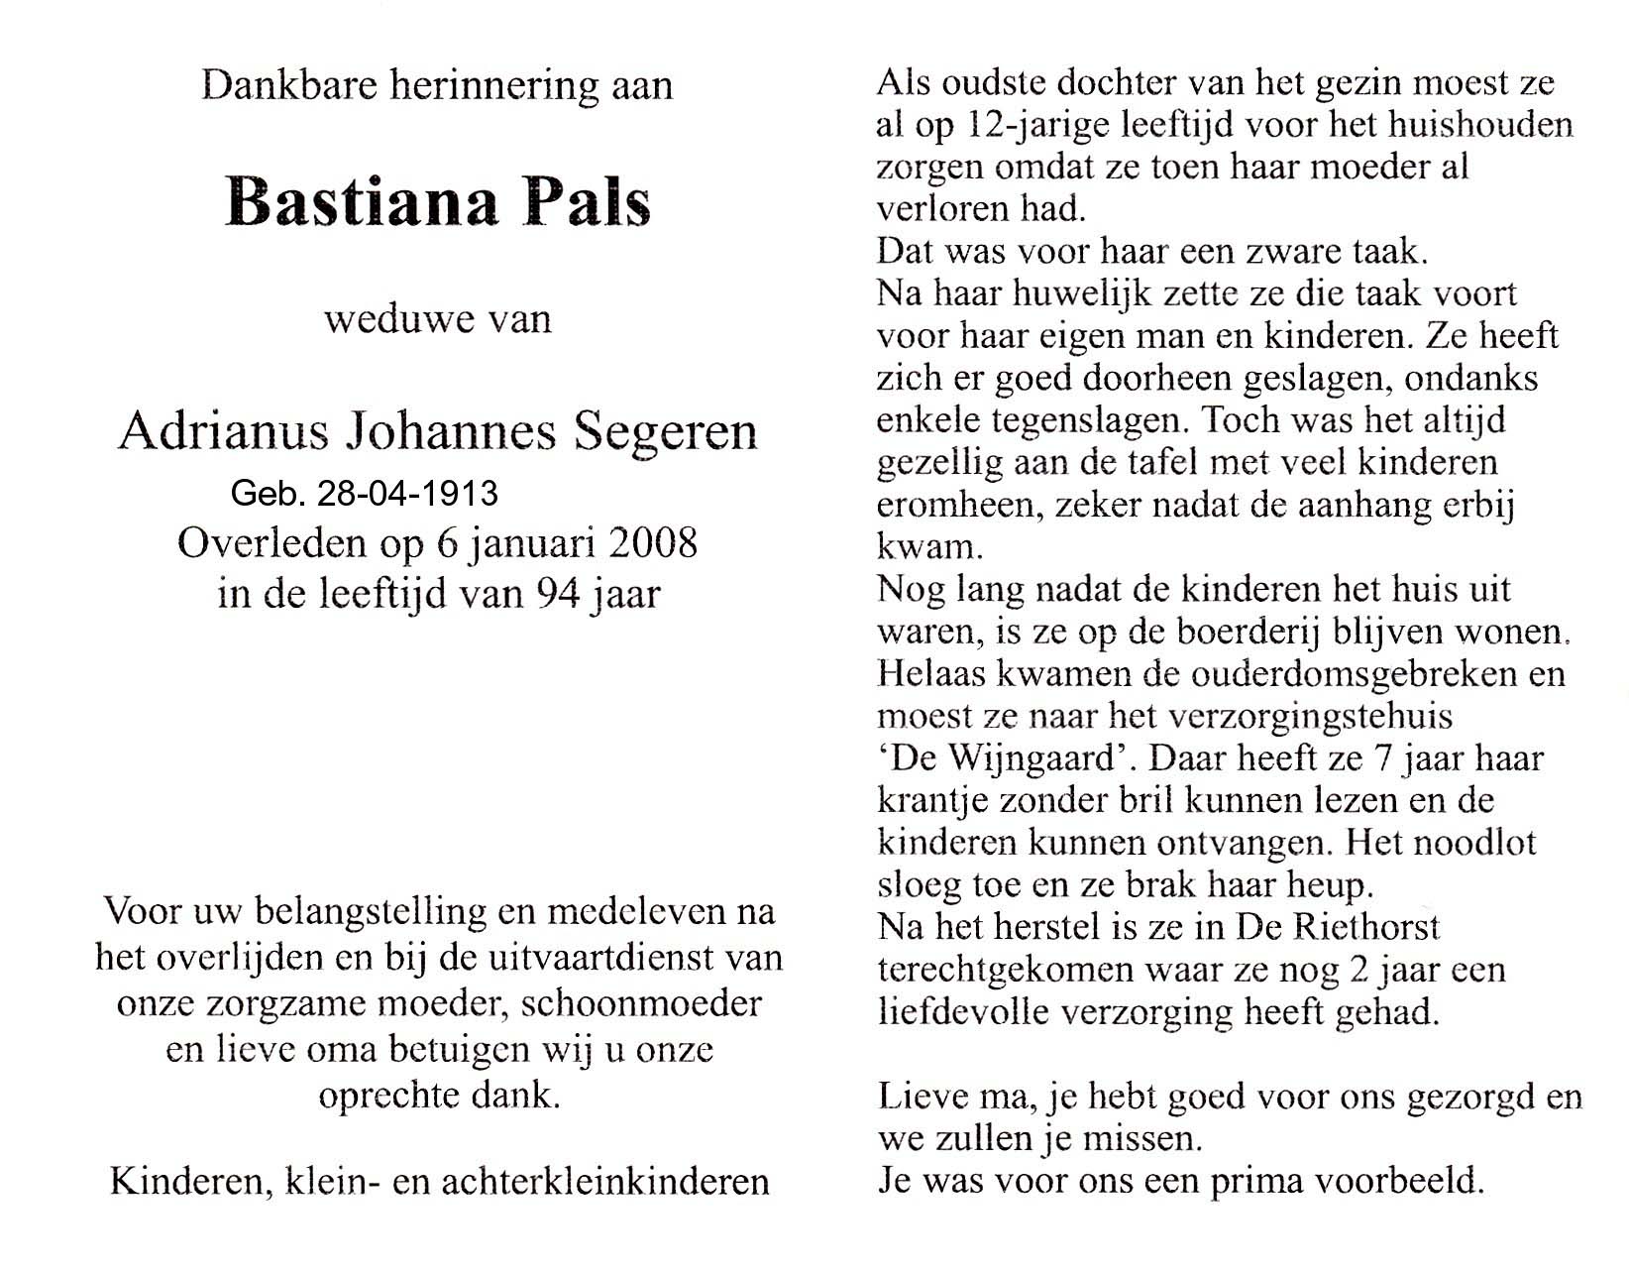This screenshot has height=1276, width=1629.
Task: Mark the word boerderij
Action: [x=1243, y=632]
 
